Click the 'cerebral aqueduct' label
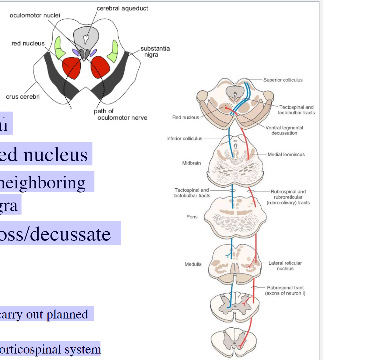coord(122,9)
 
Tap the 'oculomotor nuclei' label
coord(35,15)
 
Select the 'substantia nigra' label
coord(155,52)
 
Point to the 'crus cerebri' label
coord(23,97)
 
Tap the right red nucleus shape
coord(100,67)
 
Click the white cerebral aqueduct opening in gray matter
coord(86,38)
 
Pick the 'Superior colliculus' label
coord(283,80)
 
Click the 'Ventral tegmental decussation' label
coord(284,130)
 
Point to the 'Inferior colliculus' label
coord(184,138)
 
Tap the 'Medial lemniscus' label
coord(286,154)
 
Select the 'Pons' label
coord(192,217)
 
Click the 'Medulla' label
coord(193,264)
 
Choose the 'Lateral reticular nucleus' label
coord(285,266)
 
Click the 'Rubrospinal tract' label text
coord(285,288)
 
